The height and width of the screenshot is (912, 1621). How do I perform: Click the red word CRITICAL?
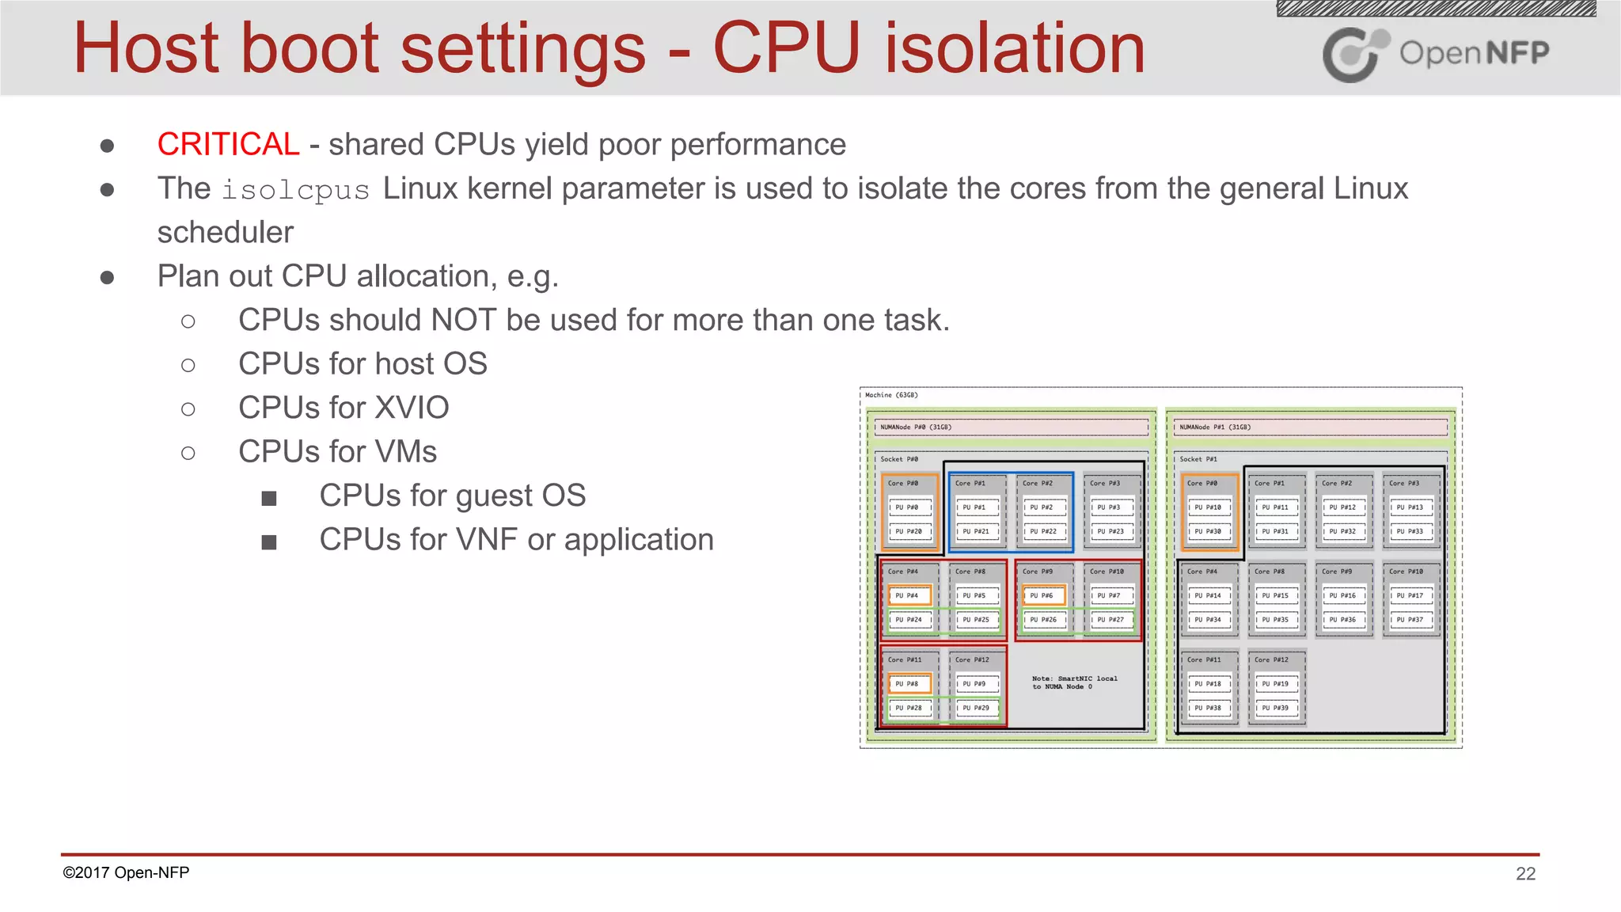(x=228, y=145)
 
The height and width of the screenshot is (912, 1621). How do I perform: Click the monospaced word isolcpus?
(x=295, y=190)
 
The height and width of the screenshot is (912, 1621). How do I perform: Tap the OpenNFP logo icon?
(x=1354, y=54)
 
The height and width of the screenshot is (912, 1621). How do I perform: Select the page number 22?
(x=1525, y=873)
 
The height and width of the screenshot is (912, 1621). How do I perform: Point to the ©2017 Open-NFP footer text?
(x=126, y=872)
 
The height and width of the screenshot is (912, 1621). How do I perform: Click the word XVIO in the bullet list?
(x=412, y=408)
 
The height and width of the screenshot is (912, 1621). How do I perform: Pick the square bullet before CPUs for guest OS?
(x=269, y=498)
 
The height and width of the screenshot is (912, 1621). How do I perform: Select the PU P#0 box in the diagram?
(x=909, y=507)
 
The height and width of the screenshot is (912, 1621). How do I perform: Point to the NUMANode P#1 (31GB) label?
(x=1215, y=427)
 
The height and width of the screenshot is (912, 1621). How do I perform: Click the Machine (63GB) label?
(x=891, y=395)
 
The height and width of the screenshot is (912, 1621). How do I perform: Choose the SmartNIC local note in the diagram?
(x=1074, y=682)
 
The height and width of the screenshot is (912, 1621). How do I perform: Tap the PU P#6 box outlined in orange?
(x=1043, y=595)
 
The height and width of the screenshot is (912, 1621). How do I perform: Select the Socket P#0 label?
(x=899, y=459)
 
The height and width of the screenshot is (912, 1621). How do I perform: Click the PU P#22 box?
(x=1043, y=532)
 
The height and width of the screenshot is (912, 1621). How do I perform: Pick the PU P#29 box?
(x=977, y=708)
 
